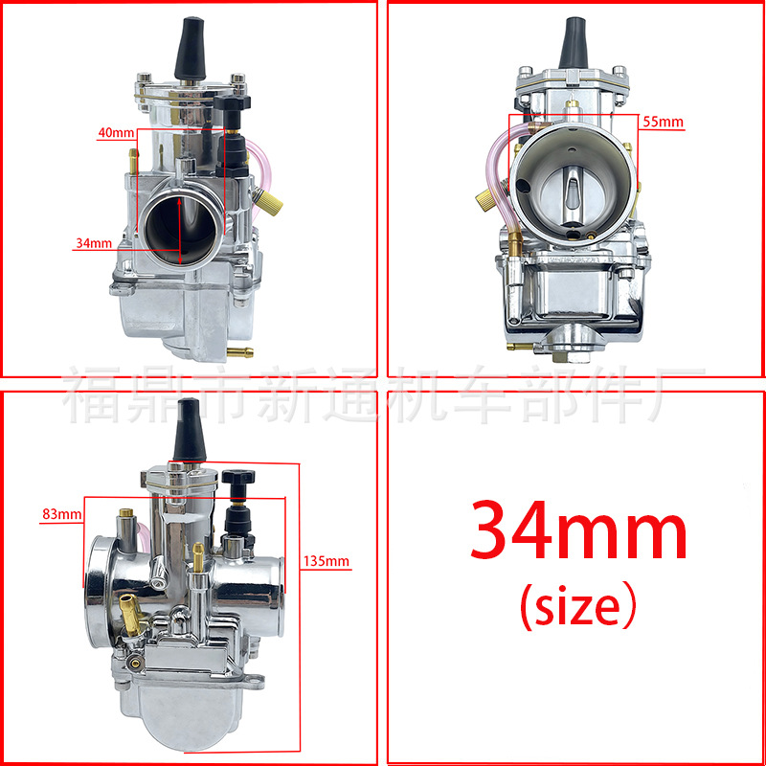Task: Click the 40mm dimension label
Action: [116, 132]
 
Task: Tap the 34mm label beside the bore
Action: [94, 243]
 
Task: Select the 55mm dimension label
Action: [663, 122]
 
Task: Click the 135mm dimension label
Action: [327, 561]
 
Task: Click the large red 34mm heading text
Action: [578, 531]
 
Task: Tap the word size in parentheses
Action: [578, 606]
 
